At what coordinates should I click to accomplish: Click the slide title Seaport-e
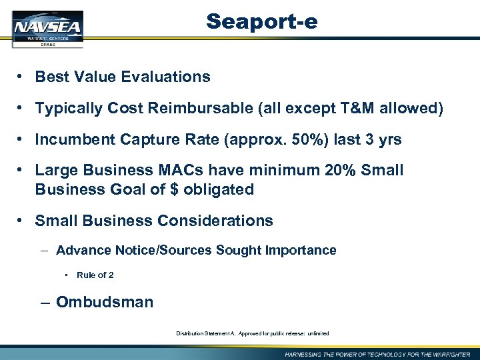pyautogui.click(x=262, y=21)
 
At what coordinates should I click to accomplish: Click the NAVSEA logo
pyautogui.click(x=47, y=28)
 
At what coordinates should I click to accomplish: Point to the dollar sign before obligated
pyautogui.click(x=174, y=189)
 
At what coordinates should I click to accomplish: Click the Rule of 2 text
pyautogui.click(x=95, y=275)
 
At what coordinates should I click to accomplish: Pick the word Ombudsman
pyautogui.click(x=104, y=302)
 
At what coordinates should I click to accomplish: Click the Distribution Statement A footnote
pyautogui.click(x=252, y=333)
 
